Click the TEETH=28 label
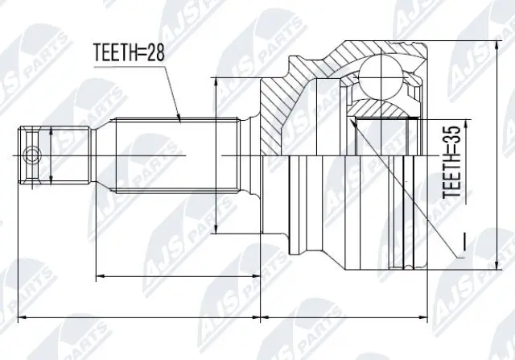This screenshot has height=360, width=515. (x=129, y=52)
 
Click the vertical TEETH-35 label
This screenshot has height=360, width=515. (x=451, y=163)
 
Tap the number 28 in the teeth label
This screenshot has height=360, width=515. (x=154, y=52)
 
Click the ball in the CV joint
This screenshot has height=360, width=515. (x=381, y=77)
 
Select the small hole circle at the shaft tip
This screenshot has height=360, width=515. (x=31, y=155)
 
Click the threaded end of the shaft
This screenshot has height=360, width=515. (x=55, y=155)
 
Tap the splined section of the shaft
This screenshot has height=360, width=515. (x=177, y=155)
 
